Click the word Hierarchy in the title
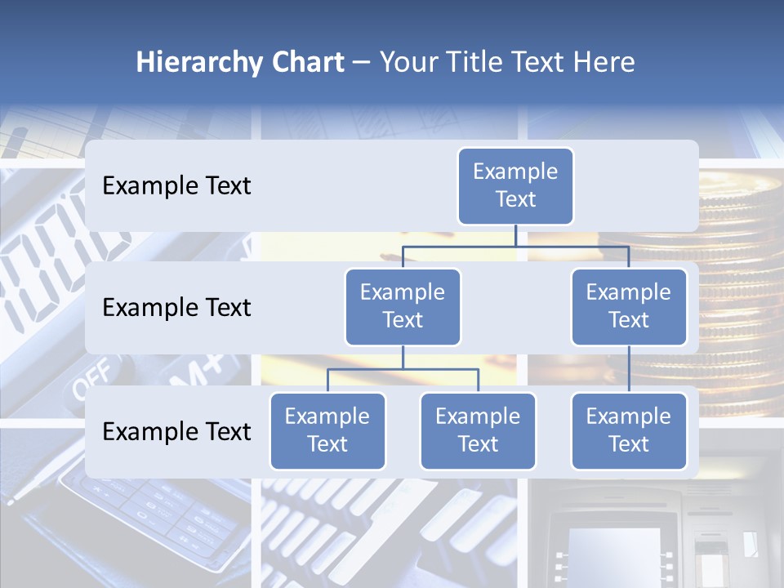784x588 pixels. (198, 63)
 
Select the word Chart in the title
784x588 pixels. (306, 63)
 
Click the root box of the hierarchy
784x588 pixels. (515, 185)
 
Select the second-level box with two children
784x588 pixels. (403, 306)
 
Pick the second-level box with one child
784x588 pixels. (628, 306)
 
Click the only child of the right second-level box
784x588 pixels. (628, 430)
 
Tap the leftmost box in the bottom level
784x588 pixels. (327, 430)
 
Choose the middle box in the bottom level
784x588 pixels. (478, 430)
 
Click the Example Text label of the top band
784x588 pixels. (176, 186)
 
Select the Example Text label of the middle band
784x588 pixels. (176, 308)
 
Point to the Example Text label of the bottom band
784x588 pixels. (176, 432)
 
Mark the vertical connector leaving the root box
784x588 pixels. (515, 235)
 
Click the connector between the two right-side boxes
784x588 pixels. (628, 368)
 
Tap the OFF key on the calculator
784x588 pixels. (92, 377)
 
